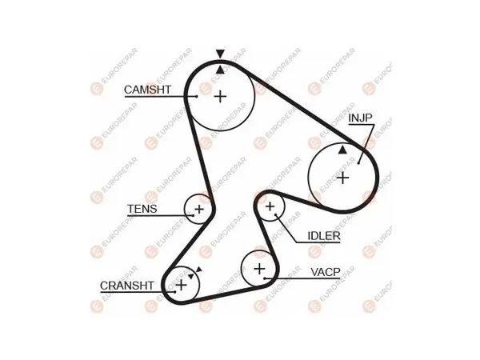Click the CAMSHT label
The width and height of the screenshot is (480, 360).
[x=147, y=90]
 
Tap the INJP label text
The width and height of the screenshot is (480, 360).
[x=360, y=118]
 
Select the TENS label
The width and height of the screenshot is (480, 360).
[x=142, y=209]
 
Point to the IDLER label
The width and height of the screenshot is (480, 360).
[x=324, y=236]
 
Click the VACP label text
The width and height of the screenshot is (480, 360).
[x=326, y=272]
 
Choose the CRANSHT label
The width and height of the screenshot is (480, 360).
[x=126, y=286]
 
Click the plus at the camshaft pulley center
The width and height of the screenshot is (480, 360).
[x=220, y=97]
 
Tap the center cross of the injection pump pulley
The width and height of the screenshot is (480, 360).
[x=342, y=178]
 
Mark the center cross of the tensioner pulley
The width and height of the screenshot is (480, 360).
[x=199, y=210]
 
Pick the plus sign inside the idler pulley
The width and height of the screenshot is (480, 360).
[x=270, y=206]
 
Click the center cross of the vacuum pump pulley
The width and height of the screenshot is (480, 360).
[x=259, y=269]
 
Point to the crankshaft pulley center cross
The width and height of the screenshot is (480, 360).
[x=182, y=285]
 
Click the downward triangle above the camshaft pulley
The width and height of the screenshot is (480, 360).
[x=220, y=54]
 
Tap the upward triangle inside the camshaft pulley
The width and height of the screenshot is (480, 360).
[x=220, y=70]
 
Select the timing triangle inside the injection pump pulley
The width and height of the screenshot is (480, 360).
[x=342, y=150]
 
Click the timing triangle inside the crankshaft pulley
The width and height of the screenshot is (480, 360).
[x=191, y=276]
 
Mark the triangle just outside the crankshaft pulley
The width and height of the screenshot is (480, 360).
[x=199, y=270]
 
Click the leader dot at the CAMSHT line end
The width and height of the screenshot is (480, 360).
[x=197, y=97]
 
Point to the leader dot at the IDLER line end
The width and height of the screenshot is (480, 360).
[x=275, y=215]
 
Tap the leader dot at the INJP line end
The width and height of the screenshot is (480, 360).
[x=358, y=163]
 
